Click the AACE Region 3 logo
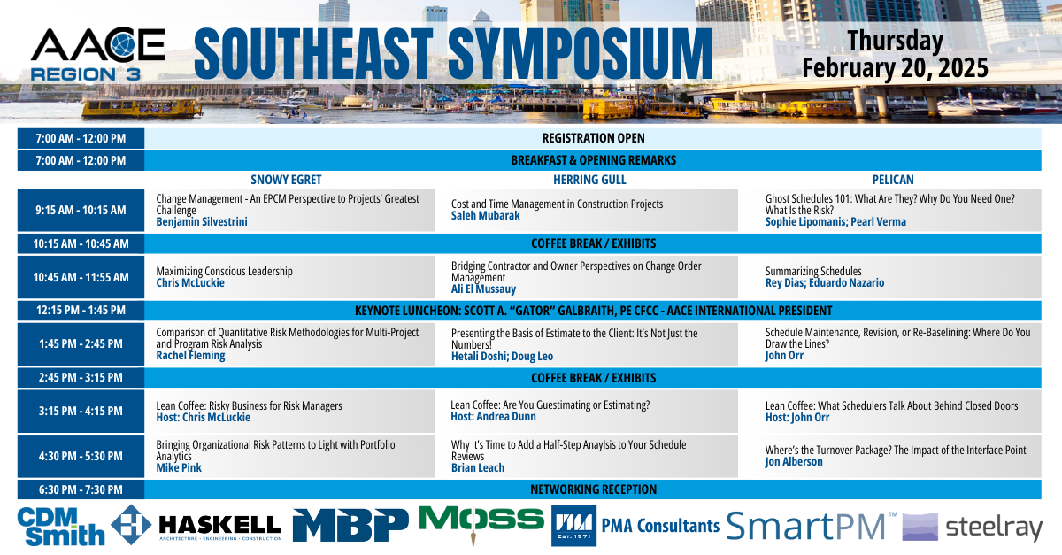pos(97,54)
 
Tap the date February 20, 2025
pos(895,68)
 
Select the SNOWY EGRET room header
pos(286,180)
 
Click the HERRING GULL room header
pos(589,180)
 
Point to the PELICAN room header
pos(893,180)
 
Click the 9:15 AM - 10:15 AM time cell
pos(81,210)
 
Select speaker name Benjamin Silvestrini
pos(202,221)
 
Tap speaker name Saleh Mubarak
pos(486,216)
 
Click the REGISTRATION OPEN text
pos(593,138)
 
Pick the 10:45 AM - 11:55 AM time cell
pos(81,277)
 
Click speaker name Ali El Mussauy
pos(483,289)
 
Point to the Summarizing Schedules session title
pos(813,272)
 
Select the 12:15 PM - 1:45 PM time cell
pos(81,310)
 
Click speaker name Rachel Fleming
pos(190,355)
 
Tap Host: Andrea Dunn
pos(493,417)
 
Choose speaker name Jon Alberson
pos(794,461)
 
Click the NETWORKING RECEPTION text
pos(593,489)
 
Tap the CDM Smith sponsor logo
pos(61,527)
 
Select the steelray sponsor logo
pos(972,528)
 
